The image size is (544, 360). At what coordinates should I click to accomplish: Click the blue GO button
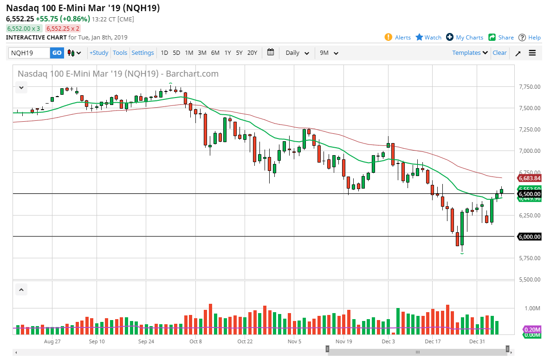coord(57,53)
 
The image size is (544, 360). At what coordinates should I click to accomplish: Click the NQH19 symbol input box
coord(29,53)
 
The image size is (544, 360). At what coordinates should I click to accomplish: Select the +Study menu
coord(99,53)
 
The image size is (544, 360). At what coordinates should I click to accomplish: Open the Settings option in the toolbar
coord(142,53)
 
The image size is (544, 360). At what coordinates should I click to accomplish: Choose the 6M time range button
coord(215,53)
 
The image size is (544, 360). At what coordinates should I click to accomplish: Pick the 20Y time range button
coord(252,53)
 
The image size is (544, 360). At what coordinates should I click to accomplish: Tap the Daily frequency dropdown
coord(297,53)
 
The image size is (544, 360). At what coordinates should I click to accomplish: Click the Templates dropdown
coord(470,53)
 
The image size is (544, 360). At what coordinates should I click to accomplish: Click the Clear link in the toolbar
coord(499,53)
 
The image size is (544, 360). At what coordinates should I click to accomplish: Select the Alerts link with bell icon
coord(398,37)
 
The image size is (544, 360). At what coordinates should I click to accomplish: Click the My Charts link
coord(465,37)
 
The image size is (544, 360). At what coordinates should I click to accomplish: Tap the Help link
coord(530,37)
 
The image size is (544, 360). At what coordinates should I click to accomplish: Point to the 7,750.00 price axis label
coord(529,87)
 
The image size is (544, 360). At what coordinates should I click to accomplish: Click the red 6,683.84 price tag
coord(529,178)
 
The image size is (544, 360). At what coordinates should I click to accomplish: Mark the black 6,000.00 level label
coord(529,237)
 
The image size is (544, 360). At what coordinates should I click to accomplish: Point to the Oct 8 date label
coord(196,341)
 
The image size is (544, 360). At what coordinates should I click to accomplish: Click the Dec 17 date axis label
coord(432,341)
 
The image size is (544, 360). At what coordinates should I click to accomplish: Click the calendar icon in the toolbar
coord(271,52)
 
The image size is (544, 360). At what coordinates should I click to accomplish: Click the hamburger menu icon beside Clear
coord(532,53)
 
